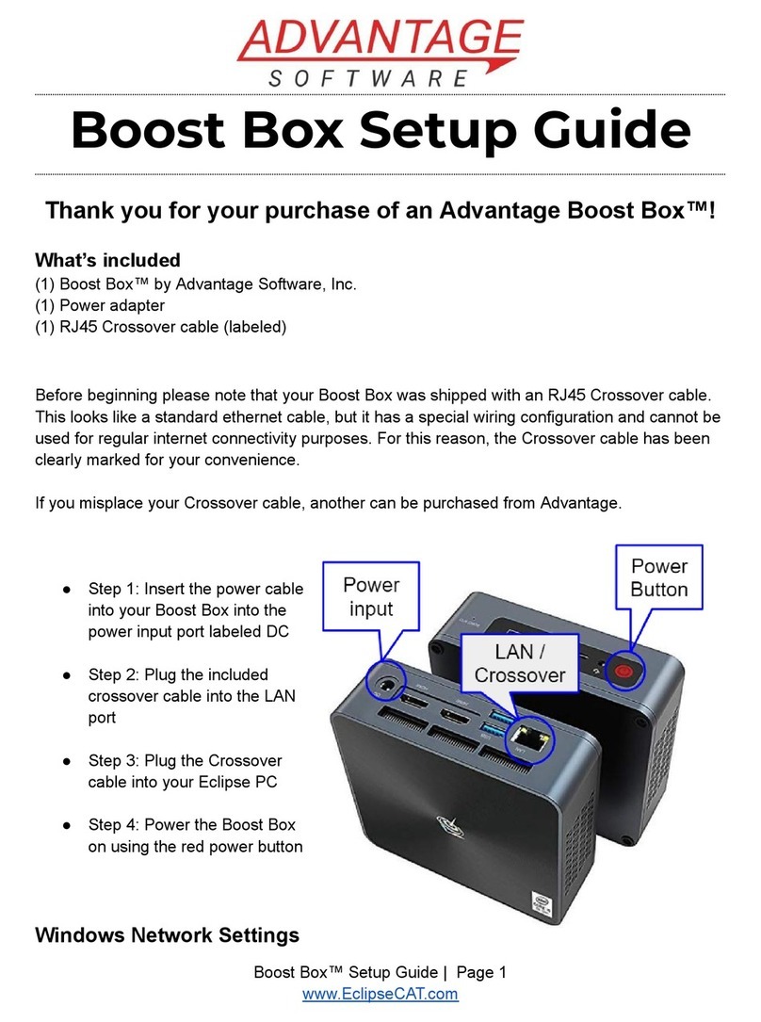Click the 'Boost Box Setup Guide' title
click(x=380, y=133)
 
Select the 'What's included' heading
click(x=106, y=260)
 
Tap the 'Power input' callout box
click(x=371, y=596)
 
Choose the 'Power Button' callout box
click(x=659, y=577)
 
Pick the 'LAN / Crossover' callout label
click(x=520, y=663)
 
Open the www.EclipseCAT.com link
click(x=380, y=994)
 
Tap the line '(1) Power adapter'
click(x=100, y=305)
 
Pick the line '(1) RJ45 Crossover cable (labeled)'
click(x=160, y=327)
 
